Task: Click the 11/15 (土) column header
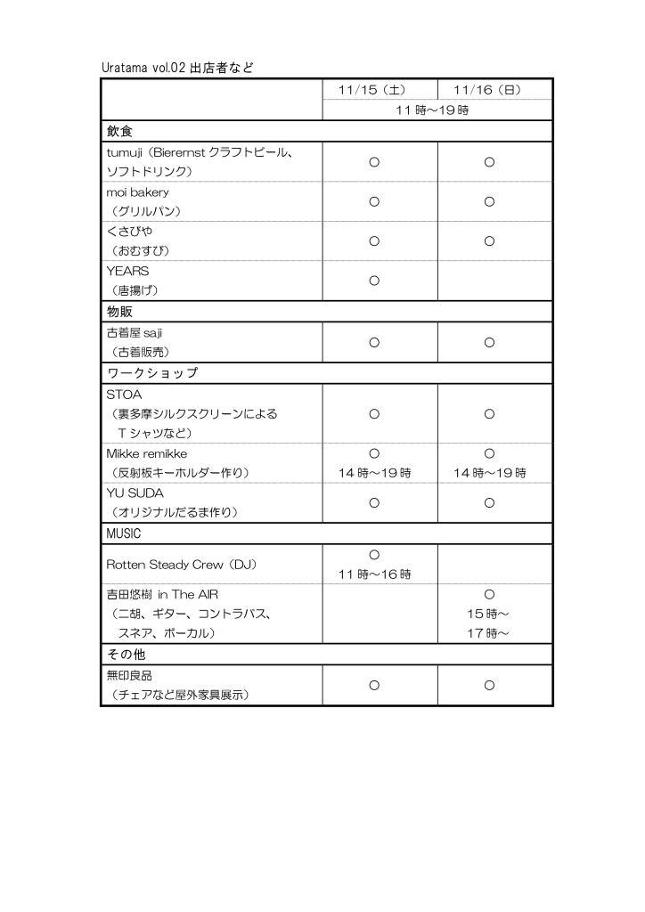pyautogui.click(x=374, y=90)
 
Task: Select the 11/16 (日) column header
pyautogui.click(x=489, y=90)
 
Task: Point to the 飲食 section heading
pyautogui.click(x=120, y=131)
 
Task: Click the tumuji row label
pyautogui.click(x=200, y=152)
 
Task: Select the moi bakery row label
pyautogui.click(x=138, y=191)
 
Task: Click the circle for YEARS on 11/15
pyautogui.click(x=374, y=281)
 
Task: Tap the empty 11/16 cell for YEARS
pyautogui.click(x=494, y=281)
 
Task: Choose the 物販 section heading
pyautogui.click(x=120, y=312)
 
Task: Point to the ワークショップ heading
pyautogui.click(x=152, y=372)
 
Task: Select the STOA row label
pyautogui.click(x=125, y=394)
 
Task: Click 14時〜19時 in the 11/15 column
pyautogui.click(x=374, y=473)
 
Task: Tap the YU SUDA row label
pyautogui.click(x=135, y=493)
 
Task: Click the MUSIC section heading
pyautogui.click(x=124, y=533)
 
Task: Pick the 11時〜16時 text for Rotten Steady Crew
pyautogui.click(x=374, y=574)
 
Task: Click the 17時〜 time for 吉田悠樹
pyautogui.click(x=489, y=633)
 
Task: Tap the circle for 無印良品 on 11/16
pyautogui.click(x=489, y=685)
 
